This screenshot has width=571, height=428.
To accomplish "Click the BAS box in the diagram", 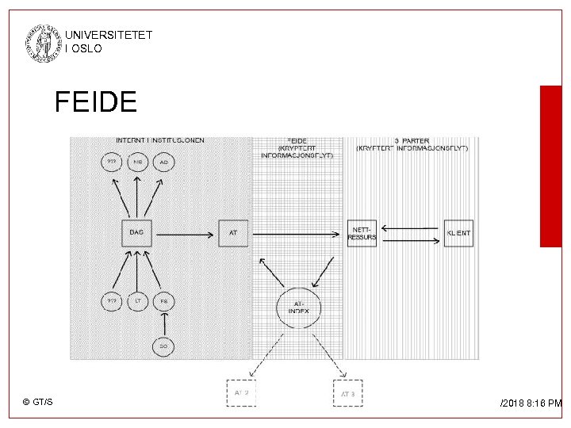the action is click(136, 232).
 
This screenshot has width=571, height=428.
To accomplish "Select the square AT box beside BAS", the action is click(233, 232).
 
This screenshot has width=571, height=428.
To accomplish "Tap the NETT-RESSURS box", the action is click(362, 233).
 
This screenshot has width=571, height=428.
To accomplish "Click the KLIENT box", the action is click(458, 233).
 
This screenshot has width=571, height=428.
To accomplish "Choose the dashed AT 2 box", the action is click(242, 393).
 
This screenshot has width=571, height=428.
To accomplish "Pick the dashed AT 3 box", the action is click(347, 393).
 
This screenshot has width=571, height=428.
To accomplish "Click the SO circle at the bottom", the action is click(163, 346).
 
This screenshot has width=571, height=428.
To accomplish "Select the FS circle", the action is click(163, 302).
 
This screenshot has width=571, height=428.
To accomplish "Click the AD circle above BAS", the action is click(163, 162).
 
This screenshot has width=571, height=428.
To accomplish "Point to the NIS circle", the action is click(137, 162).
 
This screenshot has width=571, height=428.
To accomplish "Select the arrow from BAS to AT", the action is click(186, 233).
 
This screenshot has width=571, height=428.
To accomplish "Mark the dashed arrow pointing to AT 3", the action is click(328, 353).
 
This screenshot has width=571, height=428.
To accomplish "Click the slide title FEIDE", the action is click(96, 102).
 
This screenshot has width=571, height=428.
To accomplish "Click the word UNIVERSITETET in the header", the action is click(109, 36).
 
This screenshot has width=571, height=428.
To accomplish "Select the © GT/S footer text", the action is click(38, 403).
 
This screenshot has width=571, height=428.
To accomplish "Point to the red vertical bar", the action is click(550, 166).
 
